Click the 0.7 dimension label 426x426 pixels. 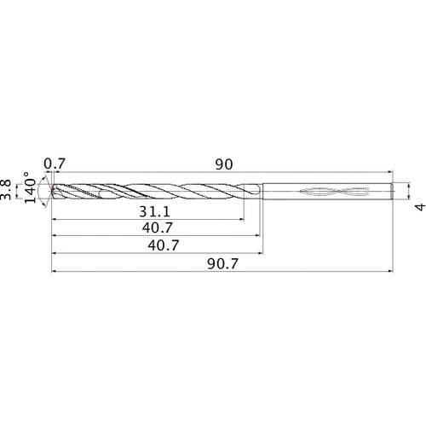click(54, 162)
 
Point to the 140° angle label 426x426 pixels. click(32, 192)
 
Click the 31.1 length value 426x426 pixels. click(153, 210)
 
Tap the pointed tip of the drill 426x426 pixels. click(52, 192)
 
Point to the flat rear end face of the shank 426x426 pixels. click(393, 192)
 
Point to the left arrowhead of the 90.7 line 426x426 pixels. click(55, 273)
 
